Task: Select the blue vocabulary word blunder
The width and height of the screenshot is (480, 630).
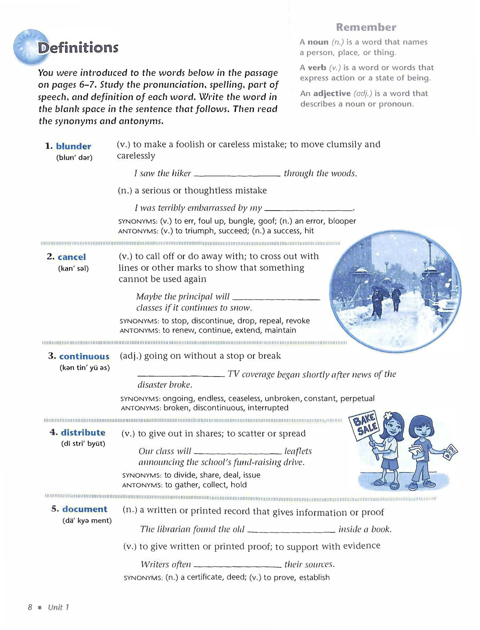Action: click(74, 146)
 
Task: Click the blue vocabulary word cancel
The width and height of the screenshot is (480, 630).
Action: click(72, 257)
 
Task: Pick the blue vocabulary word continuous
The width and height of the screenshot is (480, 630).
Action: click(84, 356)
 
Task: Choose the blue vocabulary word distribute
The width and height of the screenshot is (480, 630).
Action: click(83, 433)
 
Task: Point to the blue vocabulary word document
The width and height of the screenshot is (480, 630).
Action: click(85, 509)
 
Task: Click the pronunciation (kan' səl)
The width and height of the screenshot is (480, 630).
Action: click(73, 269)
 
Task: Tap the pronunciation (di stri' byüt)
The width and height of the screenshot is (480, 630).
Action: click(83, 444)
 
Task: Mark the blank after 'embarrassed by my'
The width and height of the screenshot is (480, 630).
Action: click(308, 209)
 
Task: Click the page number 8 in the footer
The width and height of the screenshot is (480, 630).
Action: click(30, 607)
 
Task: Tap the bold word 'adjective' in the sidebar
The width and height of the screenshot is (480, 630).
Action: click(332, 93)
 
